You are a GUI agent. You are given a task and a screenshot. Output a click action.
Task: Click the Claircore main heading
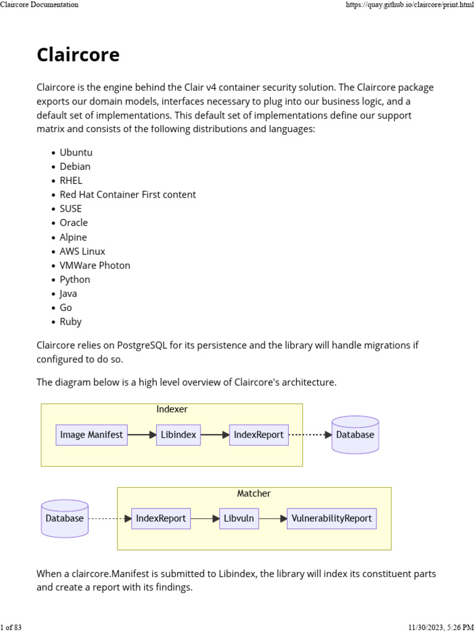78,55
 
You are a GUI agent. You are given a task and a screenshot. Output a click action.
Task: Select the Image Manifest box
91,434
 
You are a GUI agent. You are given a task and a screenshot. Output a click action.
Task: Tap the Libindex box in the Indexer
178,434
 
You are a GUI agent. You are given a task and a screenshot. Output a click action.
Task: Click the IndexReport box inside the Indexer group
259,434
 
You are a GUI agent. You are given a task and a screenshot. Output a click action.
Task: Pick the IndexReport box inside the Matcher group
160,518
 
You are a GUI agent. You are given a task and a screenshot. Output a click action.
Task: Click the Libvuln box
239,518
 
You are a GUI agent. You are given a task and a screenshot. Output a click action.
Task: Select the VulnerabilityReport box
331,518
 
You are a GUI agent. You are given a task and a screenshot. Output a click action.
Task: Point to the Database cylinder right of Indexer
355,434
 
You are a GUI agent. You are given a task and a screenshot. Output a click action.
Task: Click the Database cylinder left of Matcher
64,518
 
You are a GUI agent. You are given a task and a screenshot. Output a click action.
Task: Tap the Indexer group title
172,409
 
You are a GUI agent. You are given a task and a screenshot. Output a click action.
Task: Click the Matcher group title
254,493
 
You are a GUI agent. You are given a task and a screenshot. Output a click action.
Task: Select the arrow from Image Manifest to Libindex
142,434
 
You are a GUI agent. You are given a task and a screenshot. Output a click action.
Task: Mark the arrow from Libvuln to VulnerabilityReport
273,518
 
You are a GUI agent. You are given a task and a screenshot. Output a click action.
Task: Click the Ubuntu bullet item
76,152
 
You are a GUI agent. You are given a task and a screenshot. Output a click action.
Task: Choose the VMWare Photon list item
94,265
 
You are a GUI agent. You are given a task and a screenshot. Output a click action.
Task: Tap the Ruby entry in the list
70,322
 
